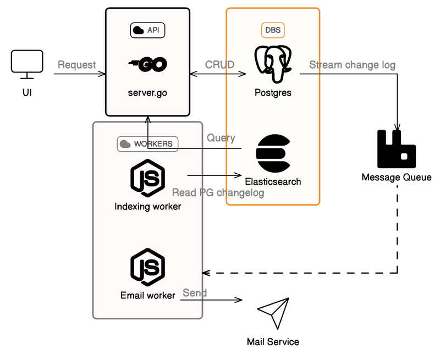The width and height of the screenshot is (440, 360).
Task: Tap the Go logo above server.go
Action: (x=147, y=65)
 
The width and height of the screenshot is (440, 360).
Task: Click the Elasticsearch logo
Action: (x=273, y=154)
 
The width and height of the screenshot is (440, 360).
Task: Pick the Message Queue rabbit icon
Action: (x=396, y=148)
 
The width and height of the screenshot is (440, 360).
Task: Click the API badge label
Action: (x=147, y=30)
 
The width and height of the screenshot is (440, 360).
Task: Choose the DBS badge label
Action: (x=273, y=30)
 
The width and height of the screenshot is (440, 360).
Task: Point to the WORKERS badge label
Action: (x=147, y=144)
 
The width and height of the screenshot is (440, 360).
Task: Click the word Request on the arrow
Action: (x=76, y=65)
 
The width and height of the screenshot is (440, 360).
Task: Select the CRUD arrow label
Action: (x=219, y=65)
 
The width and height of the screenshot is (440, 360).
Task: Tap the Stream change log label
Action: (x=352, y=65)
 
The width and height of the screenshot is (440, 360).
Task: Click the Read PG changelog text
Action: (x=218, y=193)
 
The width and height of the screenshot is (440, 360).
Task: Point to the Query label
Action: (x=221, y=138)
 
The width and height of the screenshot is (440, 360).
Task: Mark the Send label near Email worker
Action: (x=195, y=292)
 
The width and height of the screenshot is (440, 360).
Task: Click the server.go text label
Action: (x=147, y=93)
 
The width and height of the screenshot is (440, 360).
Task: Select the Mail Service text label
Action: (x=273, y=342)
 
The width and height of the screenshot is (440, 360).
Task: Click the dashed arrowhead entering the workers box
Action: (x=206, y=272)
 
